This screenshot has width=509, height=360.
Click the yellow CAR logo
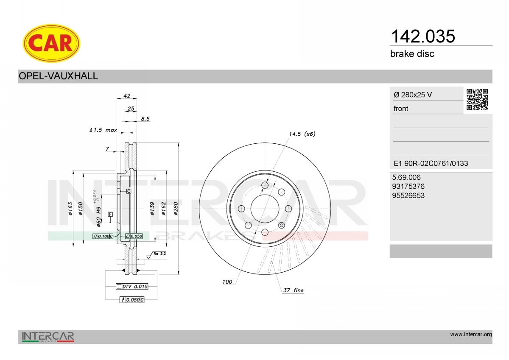[51, 43]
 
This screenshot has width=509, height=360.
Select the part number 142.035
[423, 36]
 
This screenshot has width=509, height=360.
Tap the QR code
[477, 100]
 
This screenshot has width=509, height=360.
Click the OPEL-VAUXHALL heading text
[58, 76]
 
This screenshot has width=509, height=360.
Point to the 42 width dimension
[127, 96]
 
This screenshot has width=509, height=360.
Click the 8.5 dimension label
[145, 119]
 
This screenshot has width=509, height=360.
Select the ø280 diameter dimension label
[176, 209]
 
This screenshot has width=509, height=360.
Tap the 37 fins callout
[294, 290]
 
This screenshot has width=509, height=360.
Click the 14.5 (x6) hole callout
[302, 134]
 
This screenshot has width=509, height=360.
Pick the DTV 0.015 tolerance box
[132, 287]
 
